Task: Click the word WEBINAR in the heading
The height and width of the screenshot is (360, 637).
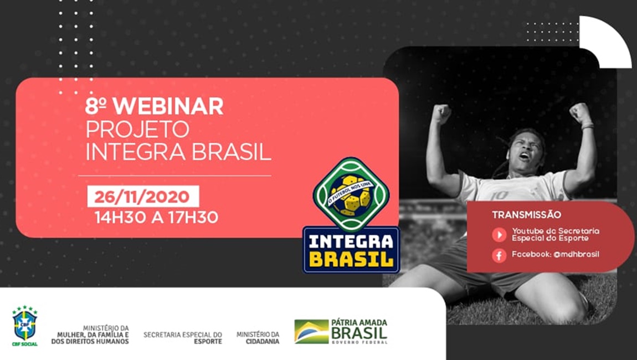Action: [168, 106]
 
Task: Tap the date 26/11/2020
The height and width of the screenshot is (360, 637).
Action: [142, 197]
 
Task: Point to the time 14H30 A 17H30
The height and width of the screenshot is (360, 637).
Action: [156, 217]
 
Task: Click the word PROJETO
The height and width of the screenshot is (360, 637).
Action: [137, 129]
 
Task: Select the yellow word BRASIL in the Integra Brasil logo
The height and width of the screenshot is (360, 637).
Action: [351, 259]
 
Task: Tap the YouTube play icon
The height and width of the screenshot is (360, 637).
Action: [499, 234]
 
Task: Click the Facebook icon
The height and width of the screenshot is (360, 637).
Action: [499, 255]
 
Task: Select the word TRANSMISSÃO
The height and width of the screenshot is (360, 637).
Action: [527, 214]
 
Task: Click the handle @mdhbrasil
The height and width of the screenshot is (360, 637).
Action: [576, 254]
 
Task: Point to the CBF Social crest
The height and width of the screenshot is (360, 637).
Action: [25, 326]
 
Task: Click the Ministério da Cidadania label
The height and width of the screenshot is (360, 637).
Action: [258, 338]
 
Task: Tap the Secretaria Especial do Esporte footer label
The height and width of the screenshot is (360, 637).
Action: [183, 338]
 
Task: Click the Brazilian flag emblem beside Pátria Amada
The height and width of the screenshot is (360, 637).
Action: [312, 332]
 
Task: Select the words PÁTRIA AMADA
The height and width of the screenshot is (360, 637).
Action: [359, 323]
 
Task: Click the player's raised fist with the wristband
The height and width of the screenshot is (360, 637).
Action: [581, 114]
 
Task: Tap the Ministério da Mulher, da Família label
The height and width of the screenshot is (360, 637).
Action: [90, 335]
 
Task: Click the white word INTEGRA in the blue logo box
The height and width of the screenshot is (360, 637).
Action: [351, 242]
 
